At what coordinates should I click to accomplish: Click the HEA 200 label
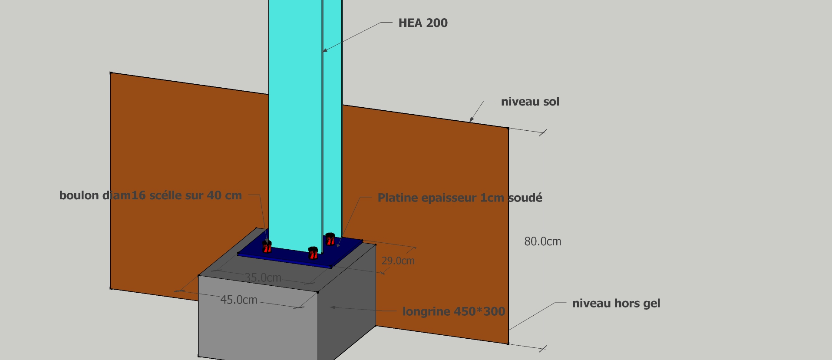click(x=423, y=23)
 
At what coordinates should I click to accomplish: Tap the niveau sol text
click(x=530, y=102)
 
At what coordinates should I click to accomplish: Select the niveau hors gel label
click(x=616, y=303)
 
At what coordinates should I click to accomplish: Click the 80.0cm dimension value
click(x=542, y=241)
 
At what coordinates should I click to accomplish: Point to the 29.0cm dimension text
click(x=398, y=261)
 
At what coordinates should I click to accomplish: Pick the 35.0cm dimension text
click(x=263, y=277)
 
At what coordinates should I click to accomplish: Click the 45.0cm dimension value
click(x=238, y=300)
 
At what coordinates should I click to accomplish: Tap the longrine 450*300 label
click(x=453, y=311)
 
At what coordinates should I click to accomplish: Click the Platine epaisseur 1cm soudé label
click(x=459, y=198)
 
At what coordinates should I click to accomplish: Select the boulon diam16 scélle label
click(x=150, y=195)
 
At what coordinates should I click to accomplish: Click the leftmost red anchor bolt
click(x=267, y=247)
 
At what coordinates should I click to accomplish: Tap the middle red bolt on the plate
click(x=313, y=252)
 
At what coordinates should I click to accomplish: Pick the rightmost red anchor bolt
click(x=330, y=239)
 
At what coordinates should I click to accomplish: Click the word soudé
click(x=525, y=198)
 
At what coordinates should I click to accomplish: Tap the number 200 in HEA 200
click(x=437, y=23)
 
